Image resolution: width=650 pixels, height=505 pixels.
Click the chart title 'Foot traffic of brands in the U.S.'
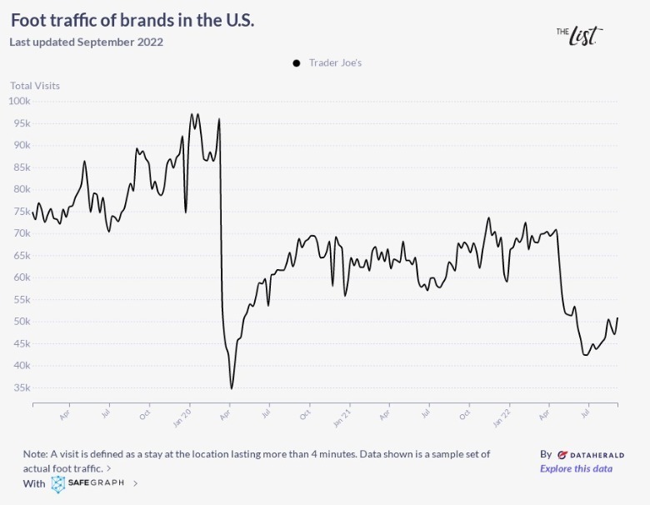coord(132,20)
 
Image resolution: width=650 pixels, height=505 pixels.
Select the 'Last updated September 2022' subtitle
coord(86,42)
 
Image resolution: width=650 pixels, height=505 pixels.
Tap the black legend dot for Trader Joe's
coord(296,62)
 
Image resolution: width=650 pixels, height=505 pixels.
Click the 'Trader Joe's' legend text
coord(335,62)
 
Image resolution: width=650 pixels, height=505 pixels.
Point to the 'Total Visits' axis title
coord(35,85)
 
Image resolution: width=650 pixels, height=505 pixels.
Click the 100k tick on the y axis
coord(19,101)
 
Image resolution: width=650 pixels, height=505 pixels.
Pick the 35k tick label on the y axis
coord(21,387)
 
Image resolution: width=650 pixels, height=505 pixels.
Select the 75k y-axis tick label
coord(21,212)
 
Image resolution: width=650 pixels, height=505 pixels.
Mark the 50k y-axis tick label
coord(21,322)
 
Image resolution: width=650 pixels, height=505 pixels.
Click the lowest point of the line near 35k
coord(232,388)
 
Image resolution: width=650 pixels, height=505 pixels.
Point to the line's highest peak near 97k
coord(192,114)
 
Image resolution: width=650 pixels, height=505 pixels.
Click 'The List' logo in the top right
coord(579,34)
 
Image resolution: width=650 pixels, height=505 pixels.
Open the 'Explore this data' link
coord(576,468)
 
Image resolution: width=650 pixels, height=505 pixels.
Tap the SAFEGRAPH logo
coord(87,483)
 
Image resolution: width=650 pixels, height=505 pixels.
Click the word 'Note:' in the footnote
coord(37,454)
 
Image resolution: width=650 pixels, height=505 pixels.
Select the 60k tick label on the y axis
coord(21,277)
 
